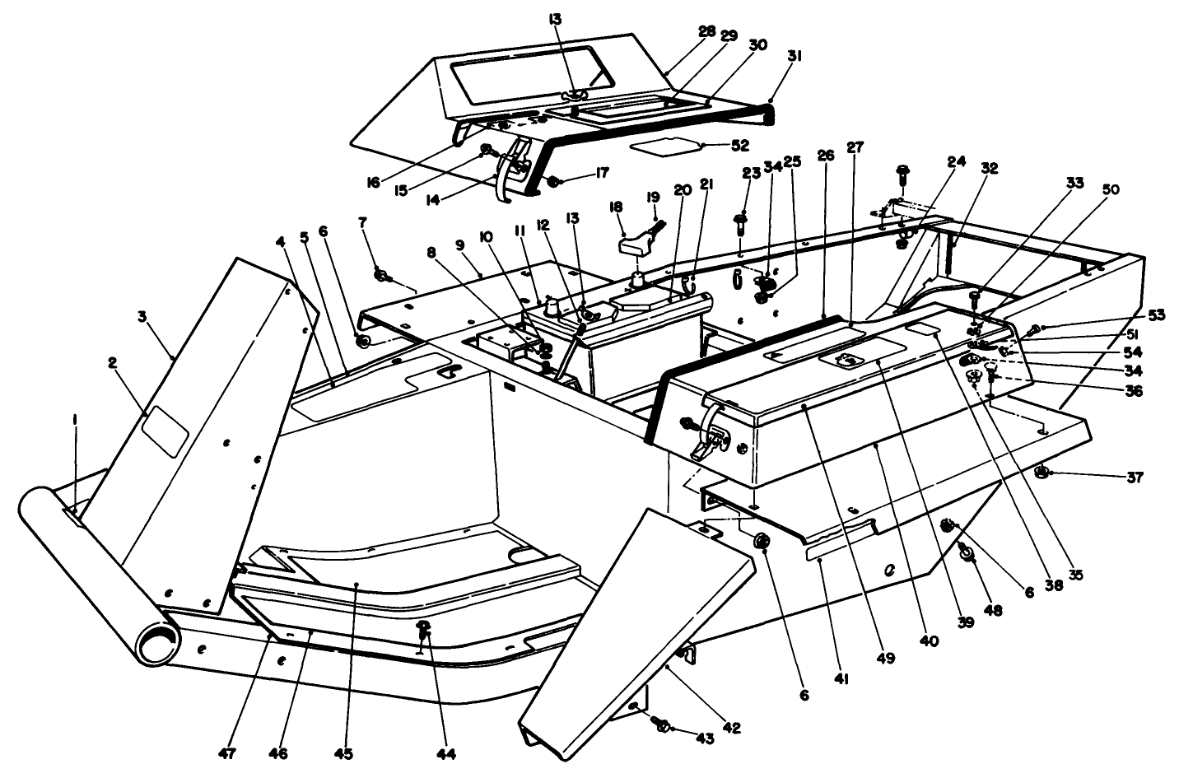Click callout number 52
coord(740,145)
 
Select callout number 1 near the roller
coord(76,419)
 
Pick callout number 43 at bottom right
coord(704,739)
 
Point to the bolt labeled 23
coord(739,221)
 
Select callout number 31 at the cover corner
coord(794,56)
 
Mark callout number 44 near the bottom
coord(448,753)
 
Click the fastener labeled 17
coord(555,180)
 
